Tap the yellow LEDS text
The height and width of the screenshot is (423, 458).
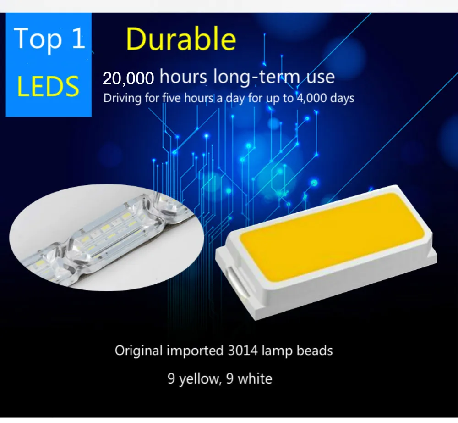tap(48, 86)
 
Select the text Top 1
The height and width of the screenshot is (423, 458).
tap(49, 39)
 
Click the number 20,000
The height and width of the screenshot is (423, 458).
tap(128, 78)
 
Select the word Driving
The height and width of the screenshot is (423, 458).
tap(120, 98)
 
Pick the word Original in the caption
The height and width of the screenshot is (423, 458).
tap(138, 351)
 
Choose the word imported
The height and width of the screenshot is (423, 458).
tap(195, 351)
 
